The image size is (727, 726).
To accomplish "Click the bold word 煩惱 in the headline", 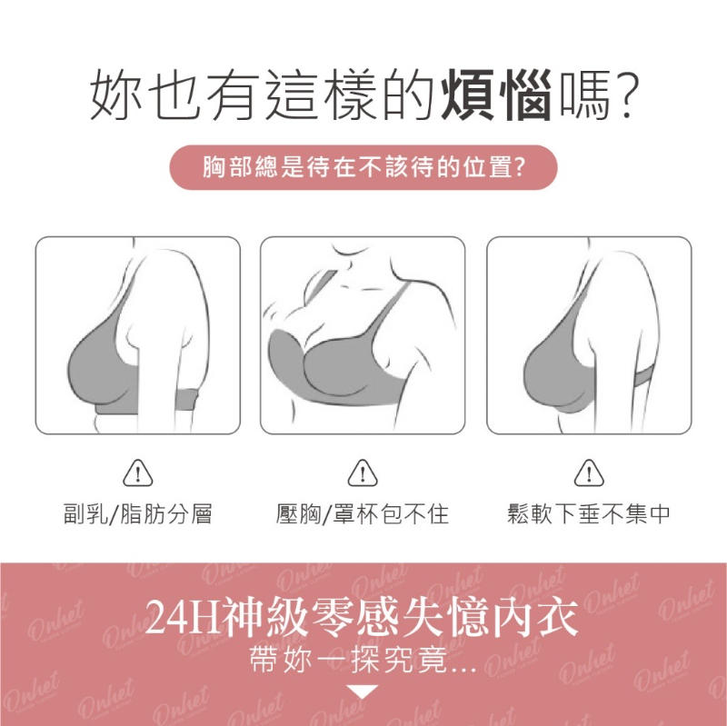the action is click(x=496, y=94).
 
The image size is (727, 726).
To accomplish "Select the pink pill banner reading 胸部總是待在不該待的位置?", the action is click(x=363, y=167).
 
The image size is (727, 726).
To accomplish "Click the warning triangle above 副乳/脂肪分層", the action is click(x=138, y=473).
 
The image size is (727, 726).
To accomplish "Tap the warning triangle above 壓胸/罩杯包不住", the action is click(x=363, y=473).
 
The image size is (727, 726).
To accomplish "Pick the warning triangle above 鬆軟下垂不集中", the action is click(x=589, y=473).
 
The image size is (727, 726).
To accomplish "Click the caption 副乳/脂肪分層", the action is click(x=138, y=513).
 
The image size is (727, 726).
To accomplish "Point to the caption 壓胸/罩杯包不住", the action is click(x=363, y=513).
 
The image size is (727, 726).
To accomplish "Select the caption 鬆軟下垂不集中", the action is click(x=589, y=513).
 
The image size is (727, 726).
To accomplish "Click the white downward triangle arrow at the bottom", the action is click(x=363, y=691).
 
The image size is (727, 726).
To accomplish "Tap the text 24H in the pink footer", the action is click(x=184, y=618).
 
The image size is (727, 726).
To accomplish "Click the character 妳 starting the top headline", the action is click(x=116, y=94).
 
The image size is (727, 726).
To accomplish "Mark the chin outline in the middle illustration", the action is click(x=352, y=252).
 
